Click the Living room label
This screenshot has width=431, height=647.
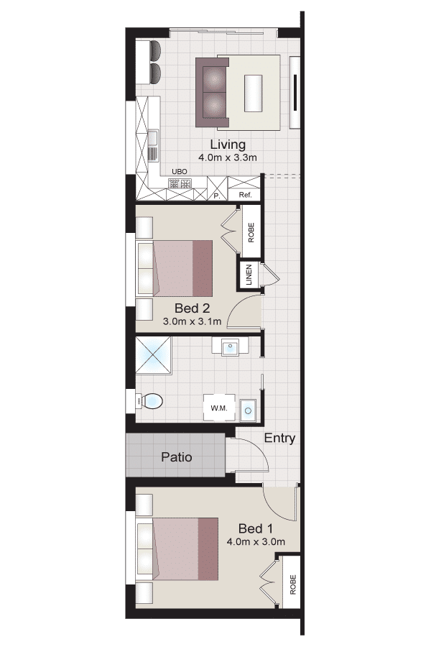coord(228,144)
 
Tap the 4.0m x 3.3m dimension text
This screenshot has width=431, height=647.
coord(228,157)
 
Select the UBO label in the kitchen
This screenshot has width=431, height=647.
coord(180,172)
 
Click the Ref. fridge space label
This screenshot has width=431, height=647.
coord(246,195)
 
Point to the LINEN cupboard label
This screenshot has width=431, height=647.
coord(249,275)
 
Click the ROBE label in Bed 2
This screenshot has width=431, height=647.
coord(251,232)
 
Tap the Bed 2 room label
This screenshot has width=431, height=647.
coord(193,308)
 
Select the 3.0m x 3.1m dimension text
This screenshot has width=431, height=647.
coord(193,321)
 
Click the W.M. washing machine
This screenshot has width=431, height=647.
coord(219,408)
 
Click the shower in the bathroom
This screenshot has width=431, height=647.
coord(153,355)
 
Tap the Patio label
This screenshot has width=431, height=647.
coord(177,457)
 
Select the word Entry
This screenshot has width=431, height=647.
coord(279,439)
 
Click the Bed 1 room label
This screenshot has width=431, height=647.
coord(256,528)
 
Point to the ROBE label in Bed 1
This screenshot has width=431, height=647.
coord(293,584)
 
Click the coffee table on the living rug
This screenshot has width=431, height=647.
coord(254,93)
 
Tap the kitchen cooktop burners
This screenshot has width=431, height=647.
coord(180,183)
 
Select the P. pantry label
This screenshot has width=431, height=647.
coord(217,196)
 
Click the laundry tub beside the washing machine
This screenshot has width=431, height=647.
coord(248,410)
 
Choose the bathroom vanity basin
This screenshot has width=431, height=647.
coord(230,347)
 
